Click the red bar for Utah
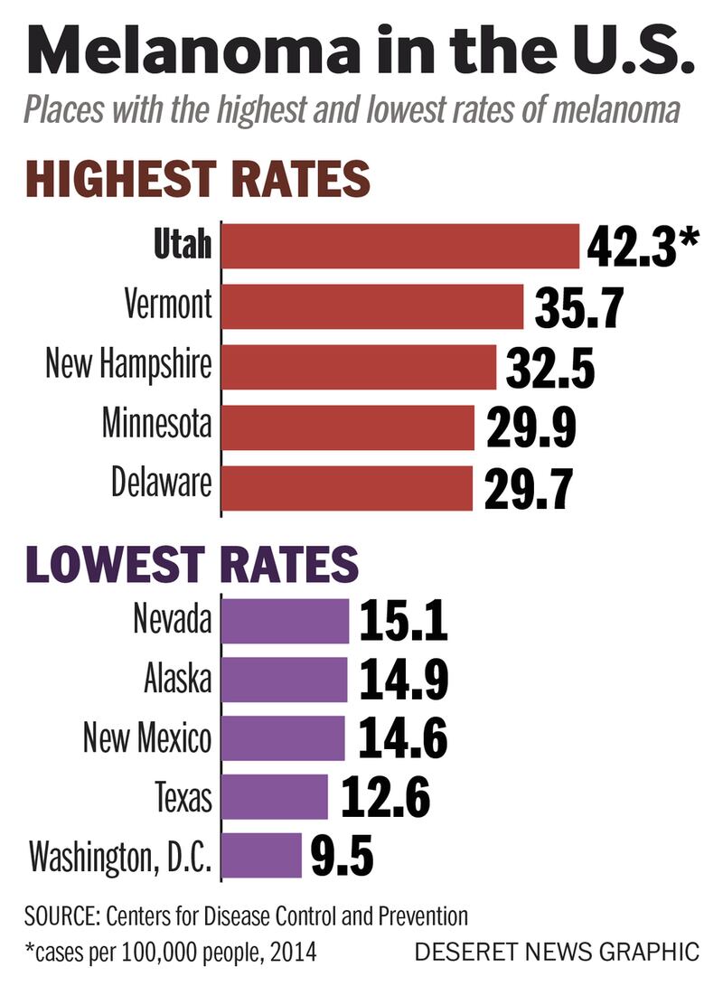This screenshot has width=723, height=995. [400, 247]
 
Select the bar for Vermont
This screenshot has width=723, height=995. [372, 307]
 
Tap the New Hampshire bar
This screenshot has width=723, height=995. [359, 367]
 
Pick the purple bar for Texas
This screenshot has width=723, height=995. [275, 797]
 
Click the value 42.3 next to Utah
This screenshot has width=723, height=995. [630, 248]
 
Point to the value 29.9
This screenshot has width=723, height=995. [530, 427]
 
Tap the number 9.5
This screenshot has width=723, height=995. [342, 856]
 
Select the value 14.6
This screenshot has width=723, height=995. [403, 738]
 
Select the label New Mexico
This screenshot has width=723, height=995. [147, 738]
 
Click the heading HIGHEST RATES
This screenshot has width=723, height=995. [197, 179]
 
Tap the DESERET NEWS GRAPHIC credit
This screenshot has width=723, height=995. [557, 952]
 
